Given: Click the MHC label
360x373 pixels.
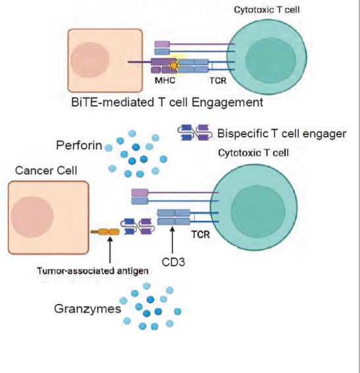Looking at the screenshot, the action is [x=165, y=80].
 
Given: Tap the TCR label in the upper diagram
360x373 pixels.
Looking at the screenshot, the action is [x=218, y=81].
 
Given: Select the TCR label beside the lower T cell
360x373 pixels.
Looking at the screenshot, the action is [x=201, y=235].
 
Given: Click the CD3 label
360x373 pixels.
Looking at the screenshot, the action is [x=173, y=262].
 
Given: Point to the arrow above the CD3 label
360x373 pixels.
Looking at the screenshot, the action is [x=172, y=240].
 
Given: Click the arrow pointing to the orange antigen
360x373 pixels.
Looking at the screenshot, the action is [x=110, y=250].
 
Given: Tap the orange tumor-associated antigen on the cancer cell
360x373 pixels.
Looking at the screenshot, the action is [x=105, y=232].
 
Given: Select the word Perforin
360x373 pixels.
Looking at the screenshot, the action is [x=79, y=145].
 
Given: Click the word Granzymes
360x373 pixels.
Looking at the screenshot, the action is [x=88, y=309].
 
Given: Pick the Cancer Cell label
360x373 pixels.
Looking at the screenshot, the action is [x=46, y=170].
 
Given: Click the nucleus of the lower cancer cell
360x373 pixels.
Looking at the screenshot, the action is [x=32, y=217].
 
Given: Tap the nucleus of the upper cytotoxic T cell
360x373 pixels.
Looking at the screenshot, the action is [x=270, y=61].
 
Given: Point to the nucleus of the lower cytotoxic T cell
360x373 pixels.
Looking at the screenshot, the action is [x=258, y=211].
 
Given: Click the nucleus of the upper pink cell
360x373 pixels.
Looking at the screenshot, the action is [x=90, y=60].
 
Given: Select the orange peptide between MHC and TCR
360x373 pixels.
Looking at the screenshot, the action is [x=174, y=65].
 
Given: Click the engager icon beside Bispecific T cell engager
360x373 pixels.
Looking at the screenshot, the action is [x=195, y=132].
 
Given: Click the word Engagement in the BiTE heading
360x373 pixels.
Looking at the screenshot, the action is [x=227, y=103].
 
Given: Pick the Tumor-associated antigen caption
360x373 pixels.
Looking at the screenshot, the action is [x=93, y=271].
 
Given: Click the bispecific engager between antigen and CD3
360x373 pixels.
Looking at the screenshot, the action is [x=138, y=226].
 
